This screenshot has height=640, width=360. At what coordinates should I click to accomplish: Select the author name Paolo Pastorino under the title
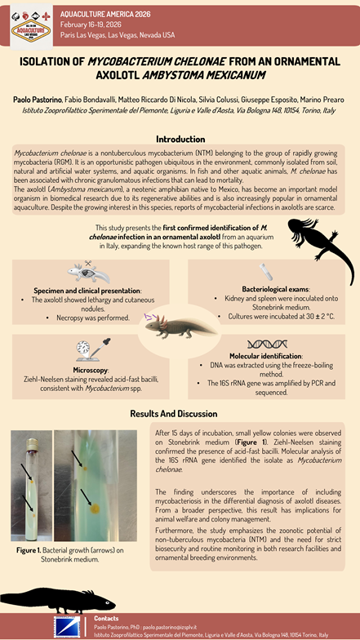38,99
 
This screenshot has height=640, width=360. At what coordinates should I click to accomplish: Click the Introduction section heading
180,140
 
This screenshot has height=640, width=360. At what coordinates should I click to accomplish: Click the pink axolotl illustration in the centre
169,329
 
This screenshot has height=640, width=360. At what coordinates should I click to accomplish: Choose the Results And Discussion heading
180,414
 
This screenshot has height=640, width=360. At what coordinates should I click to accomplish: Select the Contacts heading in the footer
106,618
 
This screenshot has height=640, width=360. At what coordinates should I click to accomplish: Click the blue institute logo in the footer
67,627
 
